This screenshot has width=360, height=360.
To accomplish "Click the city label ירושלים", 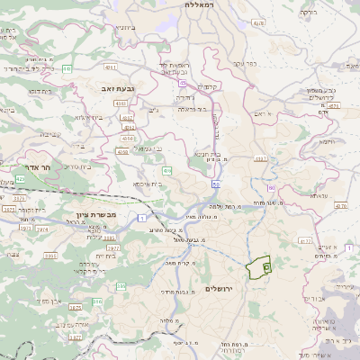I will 219,288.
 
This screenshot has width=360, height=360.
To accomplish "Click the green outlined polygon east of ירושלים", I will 260,266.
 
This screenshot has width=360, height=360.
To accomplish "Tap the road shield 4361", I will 110,67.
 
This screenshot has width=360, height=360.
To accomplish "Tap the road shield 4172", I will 305,241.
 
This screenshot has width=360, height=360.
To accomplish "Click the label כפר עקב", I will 244,63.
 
